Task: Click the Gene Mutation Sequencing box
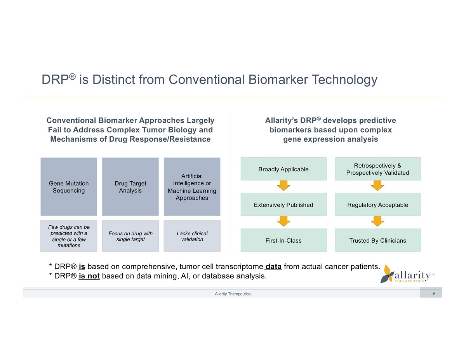pos(69,186)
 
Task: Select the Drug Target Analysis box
pos(130,186)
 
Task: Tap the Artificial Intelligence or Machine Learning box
pos(192,186)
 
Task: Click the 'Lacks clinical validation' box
pos(192,236)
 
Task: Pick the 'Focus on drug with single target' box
pos(130,236)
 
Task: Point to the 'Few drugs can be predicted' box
pos(69,236)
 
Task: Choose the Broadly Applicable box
pos(283,169)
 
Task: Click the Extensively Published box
pos(283,205)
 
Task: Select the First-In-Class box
pos(283,240)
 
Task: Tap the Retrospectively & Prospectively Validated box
pos(377,169)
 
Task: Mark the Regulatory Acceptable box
pos(377,205)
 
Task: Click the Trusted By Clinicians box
pos(377,240)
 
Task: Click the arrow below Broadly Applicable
pos(284,186)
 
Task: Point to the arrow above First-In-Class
pos(284,221)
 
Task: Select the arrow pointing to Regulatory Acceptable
pos(377,186)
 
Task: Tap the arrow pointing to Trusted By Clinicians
pos(377,221)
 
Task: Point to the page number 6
pos(434,294)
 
